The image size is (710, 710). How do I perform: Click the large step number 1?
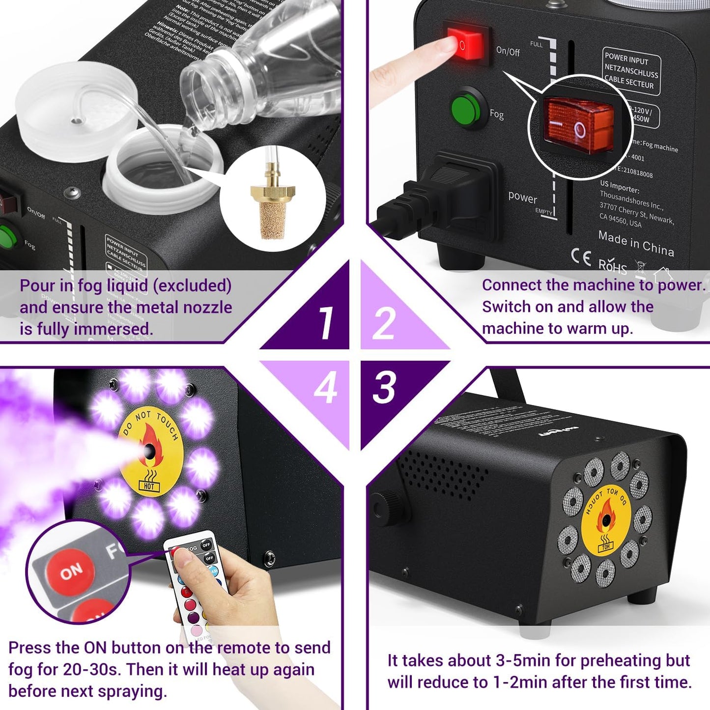[x=325, y=323]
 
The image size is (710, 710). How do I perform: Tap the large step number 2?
[x=383, y=323]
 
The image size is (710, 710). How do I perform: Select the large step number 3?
[x=384, y=387]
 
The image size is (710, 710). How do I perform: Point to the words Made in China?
[x=636, y=243]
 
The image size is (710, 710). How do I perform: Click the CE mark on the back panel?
[x=581, y=257]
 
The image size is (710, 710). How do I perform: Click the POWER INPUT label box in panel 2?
[x=631, y=71]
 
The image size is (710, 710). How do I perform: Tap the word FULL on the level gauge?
[x=536, y=44]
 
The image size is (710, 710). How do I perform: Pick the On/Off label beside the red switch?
[x=508, y=51]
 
